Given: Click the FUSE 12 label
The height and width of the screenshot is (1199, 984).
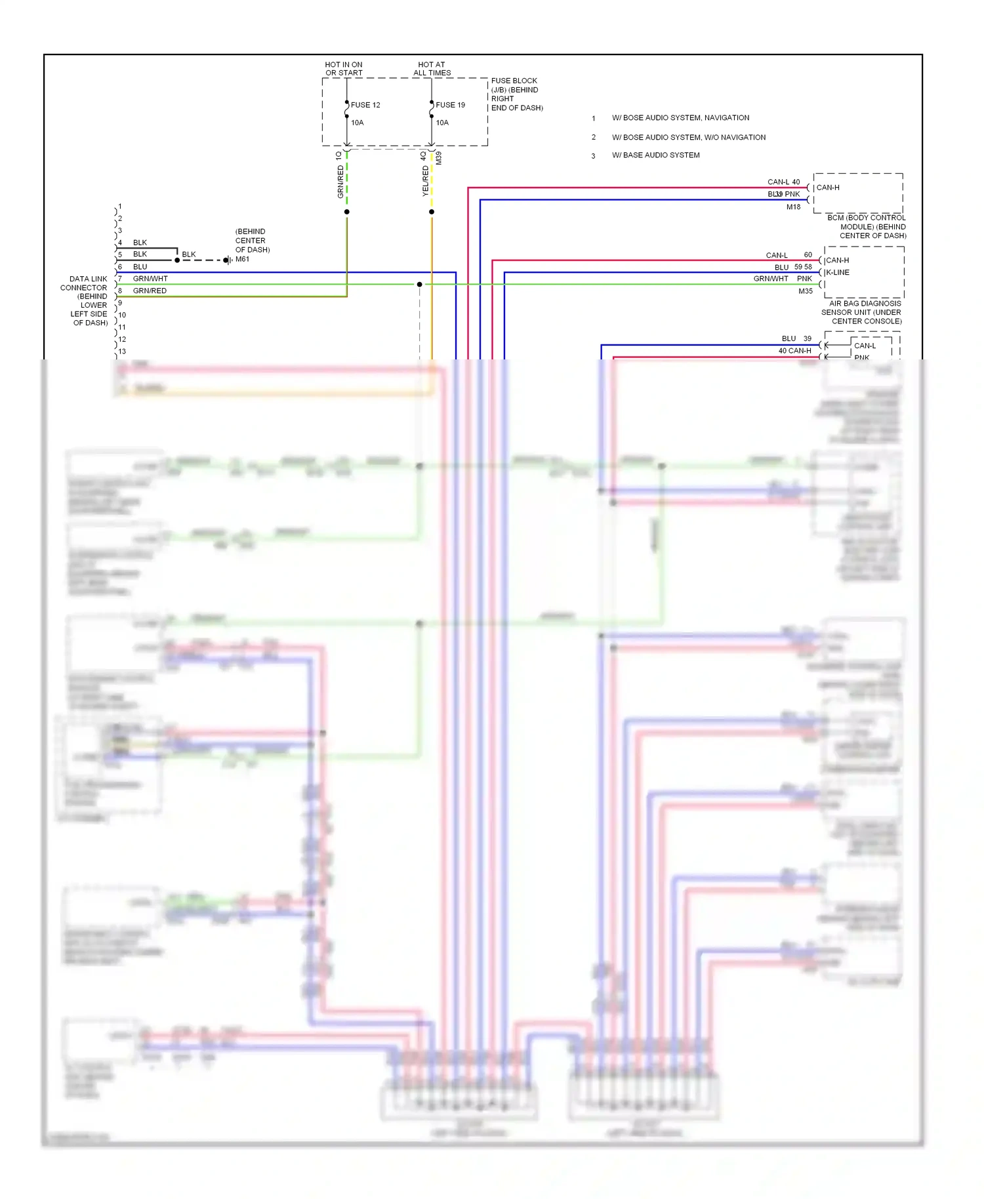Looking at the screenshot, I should tap(365, 105).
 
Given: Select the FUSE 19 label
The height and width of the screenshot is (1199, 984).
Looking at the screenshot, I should tap(450, 105).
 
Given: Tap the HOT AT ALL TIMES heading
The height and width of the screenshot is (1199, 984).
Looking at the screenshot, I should tap(432, 69).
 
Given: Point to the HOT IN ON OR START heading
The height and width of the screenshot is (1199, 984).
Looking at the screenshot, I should tap(343, 69).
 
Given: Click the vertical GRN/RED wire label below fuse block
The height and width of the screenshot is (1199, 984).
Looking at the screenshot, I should tap(340, 182).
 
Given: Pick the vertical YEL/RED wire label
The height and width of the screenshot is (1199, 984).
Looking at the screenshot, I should tap(425, 180).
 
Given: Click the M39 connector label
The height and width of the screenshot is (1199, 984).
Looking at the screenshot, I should tap(439, 158).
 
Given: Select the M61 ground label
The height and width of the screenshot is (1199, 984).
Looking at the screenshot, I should tap(242, 259).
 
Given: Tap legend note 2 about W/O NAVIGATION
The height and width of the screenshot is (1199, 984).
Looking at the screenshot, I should tap(688, 137).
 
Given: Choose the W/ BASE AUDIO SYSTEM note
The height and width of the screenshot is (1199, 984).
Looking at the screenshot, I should tap(655, 155).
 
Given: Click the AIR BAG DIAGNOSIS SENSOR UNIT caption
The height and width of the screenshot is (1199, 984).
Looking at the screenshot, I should tap(862, 312).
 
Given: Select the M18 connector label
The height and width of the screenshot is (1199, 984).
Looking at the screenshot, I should tap(793, 207).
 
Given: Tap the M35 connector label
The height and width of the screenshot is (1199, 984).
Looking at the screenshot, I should tap(805, 291).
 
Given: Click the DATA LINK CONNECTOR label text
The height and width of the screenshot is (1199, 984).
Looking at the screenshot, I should tap(86, 300).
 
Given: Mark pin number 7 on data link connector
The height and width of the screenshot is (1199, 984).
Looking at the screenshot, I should tap(120, 279).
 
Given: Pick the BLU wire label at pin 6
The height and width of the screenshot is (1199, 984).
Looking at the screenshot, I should tap(140, 267).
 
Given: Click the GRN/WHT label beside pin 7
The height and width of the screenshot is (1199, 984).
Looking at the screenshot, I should tap(150, 279).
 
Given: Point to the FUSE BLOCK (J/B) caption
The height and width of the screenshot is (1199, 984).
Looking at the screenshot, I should tap(516, 94).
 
